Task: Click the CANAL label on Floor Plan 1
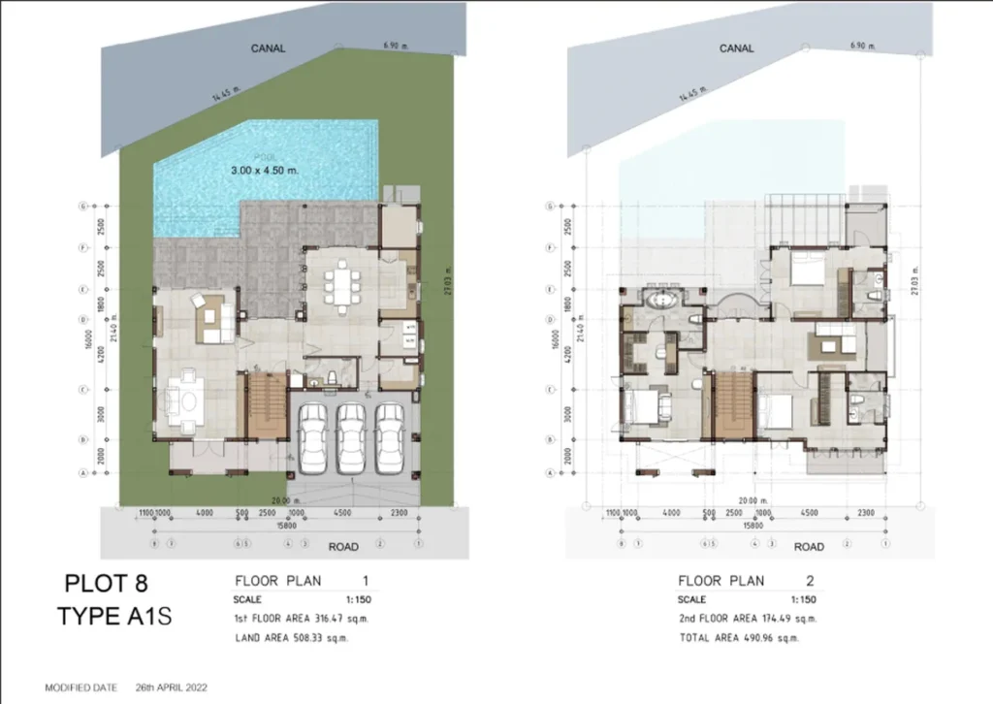(269, 48)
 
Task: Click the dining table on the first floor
(342, 284)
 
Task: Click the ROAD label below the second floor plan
(809, 547)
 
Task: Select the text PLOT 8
(109, 584)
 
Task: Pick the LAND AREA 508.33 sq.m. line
(291, 638)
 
